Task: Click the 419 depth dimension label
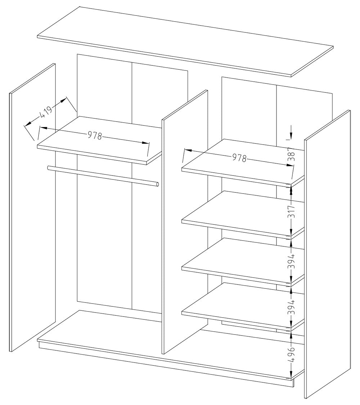pyautogui.click(x=46, y=112)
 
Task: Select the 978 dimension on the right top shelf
pyautogui.click(x=239, y=158)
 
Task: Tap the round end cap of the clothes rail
pyautogui.click(x=158, y=185)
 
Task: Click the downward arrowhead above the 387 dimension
pyautogui.click(x=291, y=136)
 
